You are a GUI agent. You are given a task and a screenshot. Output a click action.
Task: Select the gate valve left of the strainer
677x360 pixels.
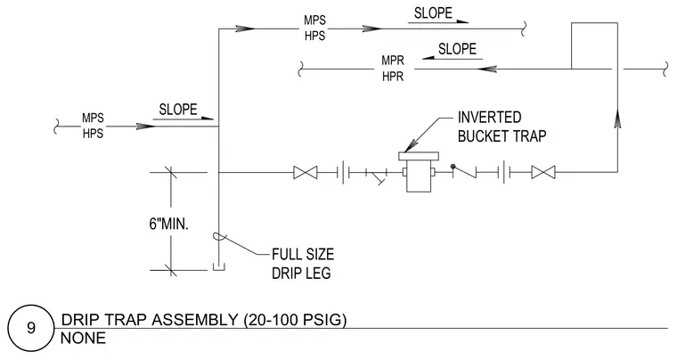click(306, 173)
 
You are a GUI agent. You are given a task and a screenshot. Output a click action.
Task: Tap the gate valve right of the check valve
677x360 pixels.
click(543, 173)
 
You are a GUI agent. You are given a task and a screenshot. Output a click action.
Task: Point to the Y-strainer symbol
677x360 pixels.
click(375, 176)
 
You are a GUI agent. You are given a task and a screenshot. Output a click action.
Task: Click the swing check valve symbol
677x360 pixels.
click(464, 171)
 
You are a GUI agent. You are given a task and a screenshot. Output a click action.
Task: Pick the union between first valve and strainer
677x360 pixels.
click(346, 173)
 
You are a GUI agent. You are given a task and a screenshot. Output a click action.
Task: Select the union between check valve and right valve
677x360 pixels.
click(507, 173)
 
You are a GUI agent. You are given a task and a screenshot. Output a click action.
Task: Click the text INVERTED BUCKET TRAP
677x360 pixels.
click(502, 127)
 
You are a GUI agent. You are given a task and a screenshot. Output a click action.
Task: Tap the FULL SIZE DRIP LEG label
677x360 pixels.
click(303, 264)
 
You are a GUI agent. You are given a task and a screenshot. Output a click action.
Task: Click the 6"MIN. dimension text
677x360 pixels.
click(169, 224)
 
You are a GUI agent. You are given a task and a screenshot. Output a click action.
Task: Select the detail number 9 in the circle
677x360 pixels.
click(31, 328)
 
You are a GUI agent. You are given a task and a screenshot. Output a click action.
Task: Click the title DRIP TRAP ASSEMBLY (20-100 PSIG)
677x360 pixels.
click(204, 320)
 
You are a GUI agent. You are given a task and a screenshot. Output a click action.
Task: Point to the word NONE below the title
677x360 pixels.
click(83, 338)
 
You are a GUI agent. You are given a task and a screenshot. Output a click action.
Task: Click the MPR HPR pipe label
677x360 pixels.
click(393, 69)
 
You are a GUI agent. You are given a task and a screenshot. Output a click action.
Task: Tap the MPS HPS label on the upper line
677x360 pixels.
click(314, 28)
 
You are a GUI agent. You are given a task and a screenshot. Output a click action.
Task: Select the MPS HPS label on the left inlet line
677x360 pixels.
click(93, 126)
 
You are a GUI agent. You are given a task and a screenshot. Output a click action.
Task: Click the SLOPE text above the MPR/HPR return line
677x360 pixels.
click(457, 49)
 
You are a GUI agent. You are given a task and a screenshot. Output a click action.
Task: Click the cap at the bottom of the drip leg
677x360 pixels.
click(219, 268)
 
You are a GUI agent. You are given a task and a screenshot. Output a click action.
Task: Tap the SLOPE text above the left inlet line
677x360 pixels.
click(178, 110)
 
